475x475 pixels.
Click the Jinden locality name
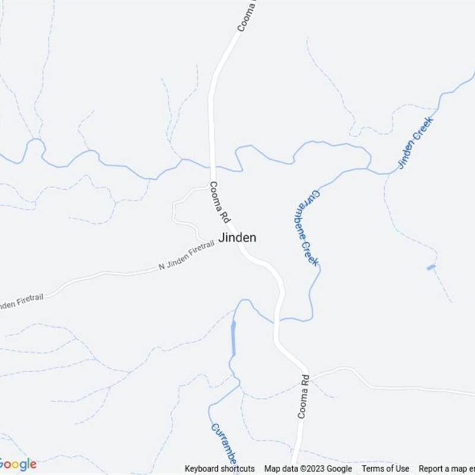[237, 237]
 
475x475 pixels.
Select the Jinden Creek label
[416, 143]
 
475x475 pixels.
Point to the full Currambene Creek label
[306, 228]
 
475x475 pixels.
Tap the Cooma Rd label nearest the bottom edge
[303, 397]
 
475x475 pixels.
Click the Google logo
[18, 464]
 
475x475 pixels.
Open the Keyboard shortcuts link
[220, 468]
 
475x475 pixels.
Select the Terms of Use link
[385, 468]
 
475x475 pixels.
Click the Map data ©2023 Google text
[308, 468]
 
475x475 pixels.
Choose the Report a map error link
[446, 468]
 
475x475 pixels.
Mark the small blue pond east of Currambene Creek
[431, 267]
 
